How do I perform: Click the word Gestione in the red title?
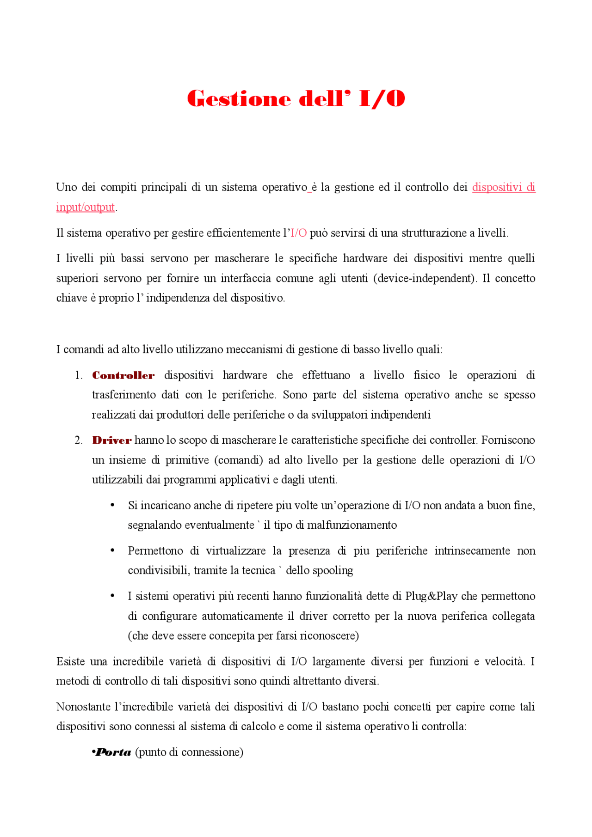tap(239, 99)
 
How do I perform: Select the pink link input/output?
tap(85, 207)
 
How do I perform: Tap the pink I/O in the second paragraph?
tap(299, 233)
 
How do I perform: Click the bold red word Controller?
tap(123, 375)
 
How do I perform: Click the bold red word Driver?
tap(112, 440)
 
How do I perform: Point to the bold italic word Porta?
tap(113, 752)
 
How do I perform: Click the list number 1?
tap(78, 375)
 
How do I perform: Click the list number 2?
tap(78, 440)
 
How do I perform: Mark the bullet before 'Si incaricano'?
tap(112, 505)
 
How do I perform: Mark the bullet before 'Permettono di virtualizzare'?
tap(112, 550)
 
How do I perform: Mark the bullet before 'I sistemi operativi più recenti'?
tap(112, 596)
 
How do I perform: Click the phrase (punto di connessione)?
tap(189, 752)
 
